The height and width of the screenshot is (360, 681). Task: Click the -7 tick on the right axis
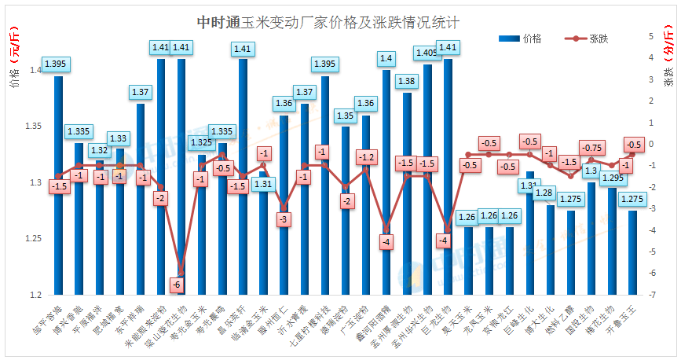651,295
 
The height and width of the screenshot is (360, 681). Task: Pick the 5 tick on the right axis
651,37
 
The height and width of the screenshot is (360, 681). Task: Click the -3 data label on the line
284,219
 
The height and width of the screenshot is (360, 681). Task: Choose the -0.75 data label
591,148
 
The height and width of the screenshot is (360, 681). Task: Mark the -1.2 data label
365,157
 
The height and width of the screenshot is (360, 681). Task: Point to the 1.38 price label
407,81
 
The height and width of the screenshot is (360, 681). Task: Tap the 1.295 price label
612,178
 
